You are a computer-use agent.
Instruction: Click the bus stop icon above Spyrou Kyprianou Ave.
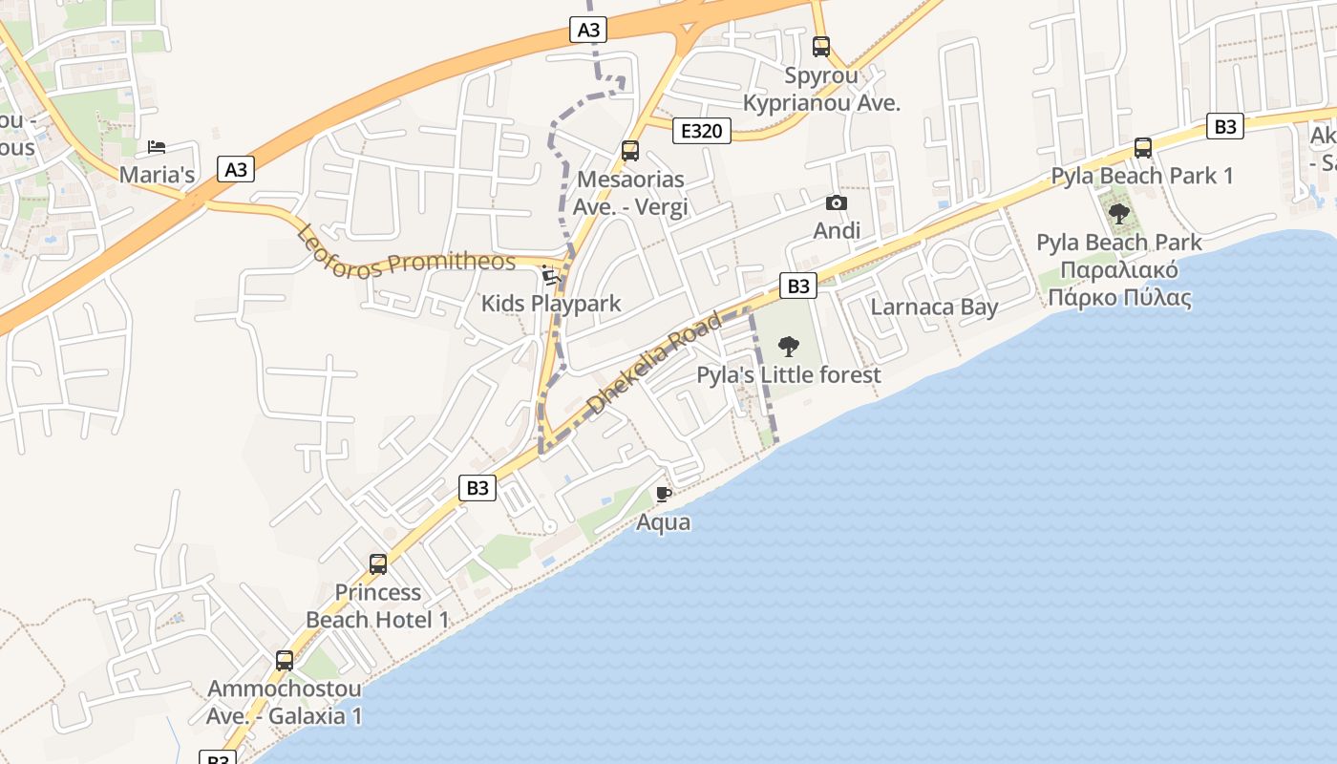821,46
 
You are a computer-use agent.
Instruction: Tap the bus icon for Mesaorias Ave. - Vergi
630,150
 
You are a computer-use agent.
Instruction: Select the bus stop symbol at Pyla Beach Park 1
1143,148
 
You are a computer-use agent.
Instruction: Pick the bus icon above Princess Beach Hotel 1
378,564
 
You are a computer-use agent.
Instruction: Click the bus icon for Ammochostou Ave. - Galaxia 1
285,660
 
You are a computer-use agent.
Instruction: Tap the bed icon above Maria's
157,147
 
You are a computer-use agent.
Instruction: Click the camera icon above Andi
837,202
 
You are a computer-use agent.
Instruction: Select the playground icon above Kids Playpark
550,275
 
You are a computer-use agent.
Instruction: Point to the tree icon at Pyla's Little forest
789,346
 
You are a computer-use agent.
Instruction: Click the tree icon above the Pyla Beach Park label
1118,214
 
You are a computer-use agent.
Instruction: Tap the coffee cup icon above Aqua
664,494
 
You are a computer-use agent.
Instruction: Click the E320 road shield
702,131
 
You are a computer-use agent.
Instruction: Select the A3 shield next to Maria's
236,170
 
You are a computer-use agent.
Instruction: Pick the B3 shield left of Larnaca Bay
798,286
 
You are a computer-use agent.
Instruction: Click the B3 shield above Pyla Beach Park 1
1225,126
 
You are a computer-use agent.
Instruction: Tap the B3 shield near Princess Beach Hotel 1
477,488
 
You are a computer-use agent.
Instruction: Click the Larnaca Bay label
934,308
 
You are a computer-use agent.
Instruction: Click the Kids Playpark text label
551,304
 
